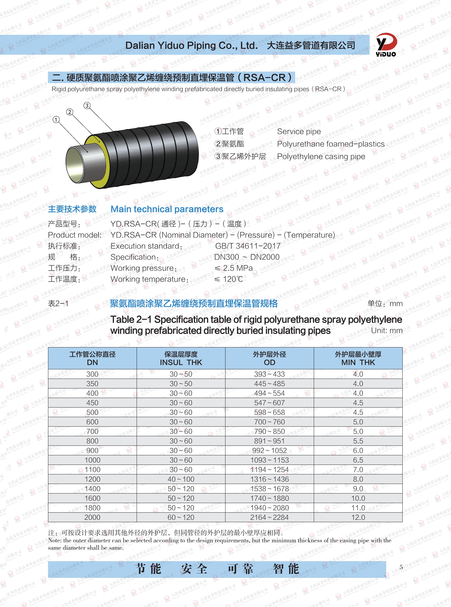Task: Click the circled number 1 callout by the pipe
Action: [56, 119]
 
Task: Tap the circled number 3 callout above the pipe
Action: [87, 106]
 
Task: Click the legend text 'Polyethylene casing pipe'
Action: [321, 157]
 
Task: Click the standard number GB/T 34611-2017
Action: [248, 246]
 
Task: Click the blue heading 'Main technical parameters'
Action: [167, 209]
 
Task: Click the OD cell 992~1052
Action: [270, 450]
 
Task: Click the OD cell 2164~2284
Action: [270, 517]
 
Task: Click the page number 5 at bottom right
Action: [401, 567]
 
